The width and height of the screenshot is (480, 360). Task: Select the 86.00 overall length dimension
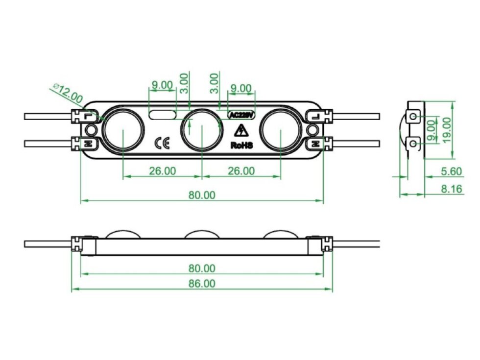[202, 283]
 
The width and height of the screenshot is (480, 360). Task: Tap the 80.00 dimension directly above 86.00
[202, 268]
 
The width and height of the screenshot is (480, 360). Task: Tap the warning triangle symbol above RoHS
[240, 131]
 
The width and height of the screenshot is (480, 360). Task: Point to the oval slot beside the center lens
[163, 115]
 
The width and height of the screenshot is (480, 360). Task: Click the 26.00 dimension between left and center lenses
[162, 171]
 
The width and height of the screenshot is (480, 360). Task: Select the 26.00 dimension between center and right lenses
[241, 171]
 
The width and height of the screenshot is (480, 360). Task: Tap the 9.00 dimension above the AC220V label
[240, 89]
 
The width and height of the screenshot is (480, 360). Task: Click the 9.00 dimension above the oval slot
[162, 85]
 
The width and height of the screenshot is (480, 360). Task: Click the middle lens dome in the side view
[202, 235]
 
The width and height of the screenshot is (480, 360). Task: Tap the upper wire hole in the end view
[414, 116]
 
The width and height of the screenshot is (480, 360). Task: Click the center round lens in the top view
[201, 129]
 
